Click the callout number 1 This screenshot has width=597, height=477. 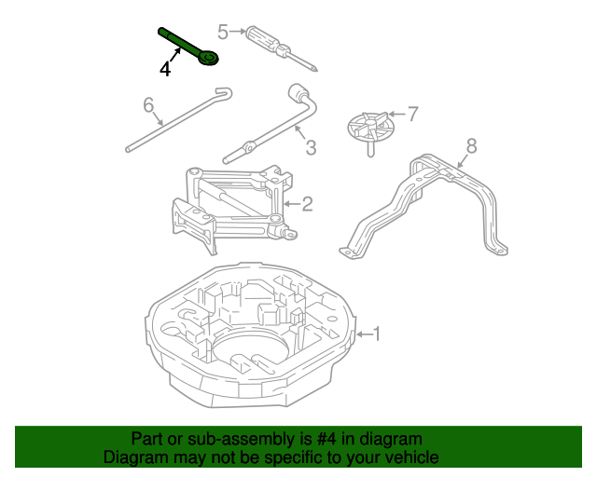tap(377, 333)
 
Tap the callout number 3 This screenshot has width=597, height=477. tap(311, 147)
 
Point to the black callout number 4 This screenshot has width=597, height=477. tap(165, 69)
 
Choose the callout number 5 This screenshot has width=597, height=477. tap(223, 31)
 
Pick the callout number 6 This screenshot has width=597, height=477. tap(148, 105)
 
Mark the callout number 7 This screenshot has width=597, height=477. tap(413, 114)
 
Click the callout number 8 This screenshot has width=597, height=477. tap(471, 144)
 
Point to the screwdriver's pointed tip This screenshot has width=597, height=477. tap(319, 68)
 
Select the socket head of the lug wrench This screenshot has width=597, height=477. tap(301, 93)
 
